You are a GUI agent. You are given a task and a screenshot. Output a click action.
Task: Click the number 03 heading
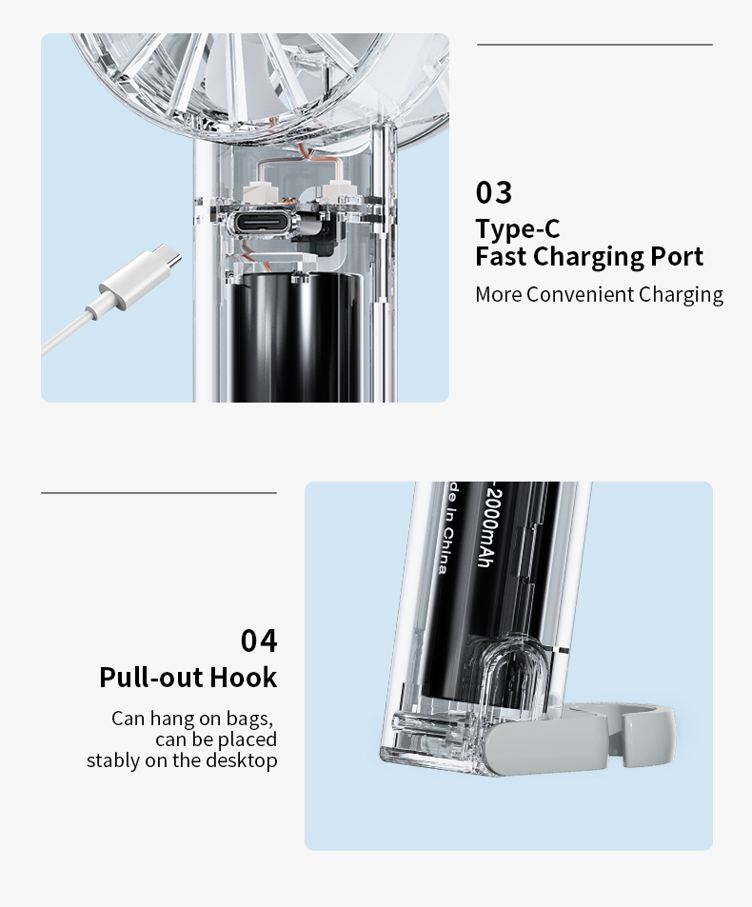tap(493, 192)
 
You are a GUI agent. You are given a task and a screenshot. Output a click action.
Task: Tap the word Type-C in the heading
tap(518, 229)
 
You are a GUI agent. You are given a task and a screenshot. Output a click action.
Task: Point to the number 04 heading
tap(259, 641)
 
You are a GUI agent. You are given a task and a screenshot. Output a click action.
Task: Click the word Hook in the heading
tap(244, 678)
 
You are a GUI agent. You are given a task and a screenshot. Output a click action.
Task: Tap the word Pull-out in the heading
tap(151, 678)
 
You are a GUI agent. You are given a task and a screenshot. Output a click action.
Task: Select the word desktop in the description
tap(241, 760)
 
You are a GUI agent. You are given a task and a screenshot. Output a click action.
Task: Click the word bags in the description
tap(248, 719)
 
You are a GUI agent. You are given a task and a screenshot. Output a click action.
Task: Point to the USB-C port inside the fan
tap(259, 223)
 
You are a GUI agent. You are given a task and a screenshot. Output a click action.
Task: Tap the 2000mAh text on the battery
tap(487, 527)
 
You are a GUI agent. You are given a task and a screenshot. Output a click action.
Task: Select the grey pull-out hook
tap(579, 736)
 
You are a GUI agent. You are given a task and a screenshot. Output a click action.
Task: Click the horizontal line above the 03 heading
tap(595, 45)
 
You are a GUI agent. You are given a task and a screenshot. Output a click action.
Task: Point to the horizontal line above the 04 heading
tap(159, 493)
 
